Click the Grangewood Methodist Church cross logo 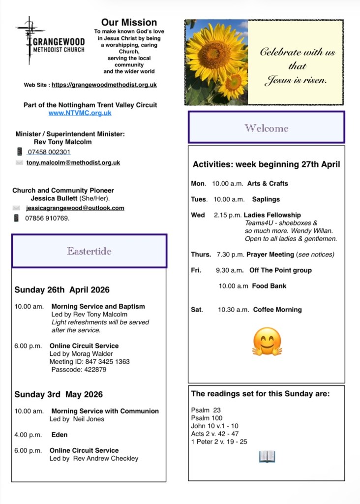click(x=30, y=39)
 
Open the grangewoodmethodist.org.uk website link click(x=104, y=85)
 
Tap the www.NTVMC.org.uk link click(x=80, y=113)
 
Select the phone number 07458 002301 click(x=49, y=152)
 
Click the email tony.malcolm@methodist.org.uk click(x=73, y=162)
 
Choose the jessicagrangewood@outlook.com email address click(x=75, y=208)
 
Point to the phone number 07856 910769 click(x=47, y=218)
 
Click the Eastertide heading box click(x=89, y=251)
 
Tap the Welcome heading click(x=266, y=128)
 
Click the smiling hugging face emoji click(x=267, y=342)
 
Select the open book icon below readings click(x=267, y=457)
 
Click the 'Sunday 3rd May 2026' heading click(x=59, y=395)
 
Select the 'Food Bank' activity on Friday click(x=269, y=286)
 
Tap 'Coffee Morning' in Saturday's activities click(x=277, y=310)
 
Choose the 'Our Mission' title click(x=129, y=23)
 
